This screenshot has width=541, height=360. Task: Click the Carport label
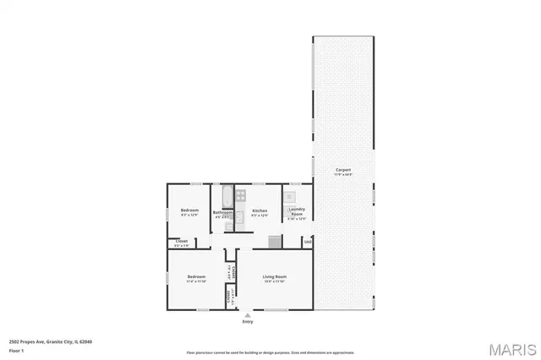(x=342, y=170)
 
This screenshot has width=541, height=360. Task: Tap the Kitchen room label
(x=260, y=210)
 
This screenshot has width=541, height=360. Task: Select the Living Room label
(x=275, y=277)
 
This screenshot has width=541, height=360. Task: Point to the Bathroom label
(x=222, y=212)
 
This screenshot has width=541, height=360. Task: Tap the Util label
(x=308, y=242)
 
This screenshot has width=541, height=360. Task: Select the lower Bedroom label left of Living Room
(x=196, y=277)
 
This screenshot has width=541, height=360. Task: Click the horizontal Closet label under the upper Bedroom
(x=181, y=242)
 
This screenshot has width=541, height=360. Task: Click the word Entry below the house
(x=248, y=322)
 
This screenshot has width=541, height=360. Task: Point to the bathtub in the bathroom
(x=227, y=196)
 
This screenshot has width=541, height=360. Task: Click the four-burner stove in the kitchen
(x=241, y=195)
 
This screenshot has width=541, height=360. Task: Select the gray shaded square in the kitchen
(x=274, y=242)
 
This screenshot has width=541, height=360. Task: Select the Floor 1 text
(x=16, y=349)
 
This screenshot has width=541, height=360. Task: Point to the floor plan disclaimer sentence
(x=270, y=352)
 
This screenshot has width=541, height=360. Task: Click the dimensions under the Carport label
(x=342, y=175)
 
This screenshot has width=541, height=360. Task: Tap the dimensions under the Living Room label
(x=275, y=282)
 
